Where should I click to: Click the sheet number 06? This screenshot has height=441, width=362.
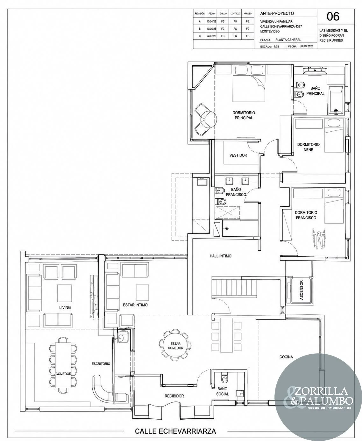click(x=333, y=17)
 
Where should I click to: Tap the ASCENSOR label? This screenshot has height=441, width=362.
click(x=301, y=290)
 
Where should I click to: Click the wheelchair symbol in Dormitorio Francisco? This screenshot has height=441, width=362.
click(x=319, y=238)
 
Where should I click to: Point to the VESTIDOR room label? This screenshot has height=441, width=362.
click(x=238, y=155)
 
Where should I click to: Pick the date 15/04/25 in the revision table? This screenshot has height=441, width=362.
click(x=211, y=21)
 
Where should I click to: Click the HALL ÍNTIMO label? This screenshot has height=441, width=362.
click(x=220, y=256)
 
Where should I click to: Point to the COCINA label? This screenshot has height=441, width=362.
click(x=286, y=357)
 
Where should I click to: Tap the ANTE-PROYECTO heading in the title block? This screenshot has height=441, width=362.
click(x=277, y=13)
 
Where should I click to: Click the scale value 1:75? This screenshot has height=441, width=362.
click(x=276, y=47)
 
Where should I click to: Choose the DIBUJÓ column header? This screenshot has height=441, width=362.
click(x=223, y=14)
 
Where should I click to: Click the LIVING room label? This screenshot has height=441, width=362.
click(x=65, y=307)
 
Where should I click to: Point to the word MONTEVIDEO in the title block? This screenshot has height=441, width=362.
click(x=270, y=31)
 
